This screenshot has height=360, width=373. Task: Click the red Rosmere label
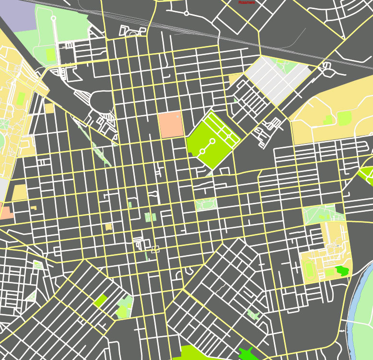pyautogui.click(x=247, y=2)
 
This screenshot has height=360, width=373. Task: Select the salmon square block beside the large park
pyautogui.click(x=171, y=125)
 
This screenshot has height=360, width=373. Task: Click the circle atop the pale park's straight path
pyautogui.click(x=53, y=18)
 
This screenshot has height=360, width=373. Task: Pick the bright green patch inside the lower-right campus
pyautogui.click(x=342, y=270)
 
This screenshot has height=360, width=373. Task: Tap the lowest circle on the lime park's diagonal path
pyautogui.click(x=202, y=151)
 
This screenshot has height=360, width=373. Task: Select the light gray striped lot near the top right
pyautogui.click(x=278, y=79)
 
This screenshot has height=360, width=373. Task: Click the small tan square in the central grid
pyautogui.click(x=108, y=226)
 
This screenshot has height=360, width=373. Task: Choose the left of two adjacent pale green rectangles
pyautogui.click(x=148, y=217)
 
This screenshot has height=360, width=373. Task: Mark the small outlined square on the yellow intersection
pyautogui.click(x=155, y=249)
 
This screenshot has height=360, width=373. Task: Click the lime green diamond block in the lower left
pyautogui.click(x=101, y=301)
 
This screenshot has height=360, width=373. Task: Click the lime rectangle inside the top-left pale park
pyautogui.click(x=50, y=55)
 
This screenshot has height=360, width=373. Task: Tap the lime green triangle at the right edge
pyautogui.click(x=367, y=174)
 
